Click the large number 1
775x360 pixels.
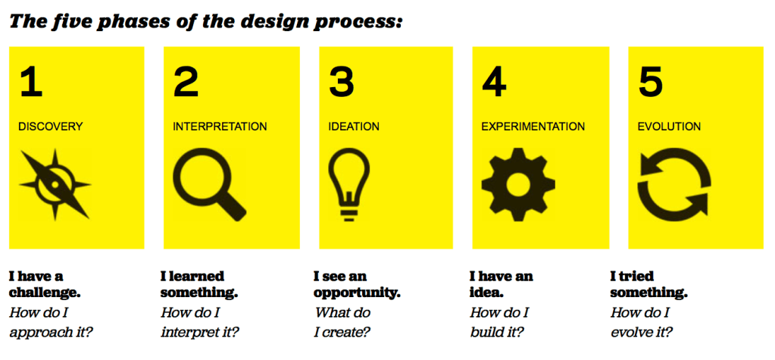point(31,83)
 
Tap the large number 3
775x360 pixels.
point(342,83)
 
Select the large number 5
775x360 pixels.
point(651,83)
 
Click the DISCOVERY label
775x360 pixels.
point(51,127)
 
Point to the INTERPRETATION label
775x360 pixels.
point(220,127)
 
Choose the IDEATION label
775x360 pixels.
point(354,127)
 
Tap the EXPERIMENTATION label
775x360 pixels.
point(533,127)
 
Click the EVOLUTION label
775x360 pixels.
point(669,127)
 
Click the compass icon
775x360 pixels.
point(55,184)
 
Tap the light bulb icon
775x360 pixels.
point(349,184)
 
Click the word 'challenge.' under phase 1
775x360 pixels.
point(45,293)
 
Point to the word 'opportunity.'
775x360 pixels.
point(357,293)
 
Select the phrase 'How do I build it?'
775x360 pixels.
point(500,322)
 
